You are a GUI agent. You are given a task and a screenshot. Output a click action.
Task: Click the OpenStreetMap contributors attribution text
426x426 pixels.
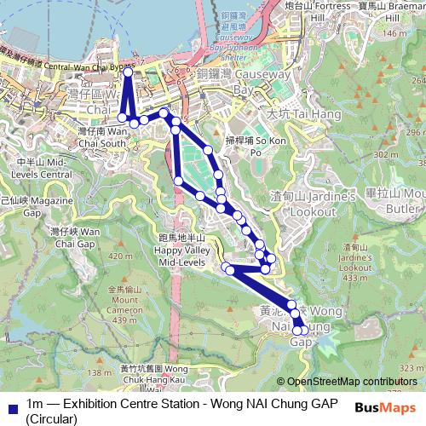pos(351,382)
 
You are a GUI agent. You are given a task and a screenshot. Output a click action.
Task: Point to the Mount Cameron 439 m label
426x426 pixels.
pos(124,304)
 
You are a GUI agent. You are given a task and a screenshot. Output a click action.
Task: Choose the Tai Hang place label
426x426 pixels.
pos(291,112)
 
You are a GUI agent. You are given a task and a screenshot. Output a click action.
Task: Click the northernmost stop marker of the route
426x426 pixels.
pos(128,72)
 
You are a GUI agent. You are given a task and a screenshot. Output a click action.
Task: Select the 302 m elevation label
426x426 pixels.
pos(386,154)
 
